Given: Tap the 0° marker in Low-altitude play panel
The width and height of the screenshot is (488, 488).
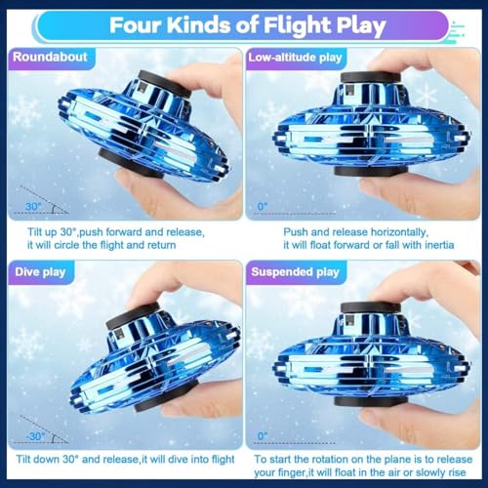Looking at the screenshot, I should [262, 206].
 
